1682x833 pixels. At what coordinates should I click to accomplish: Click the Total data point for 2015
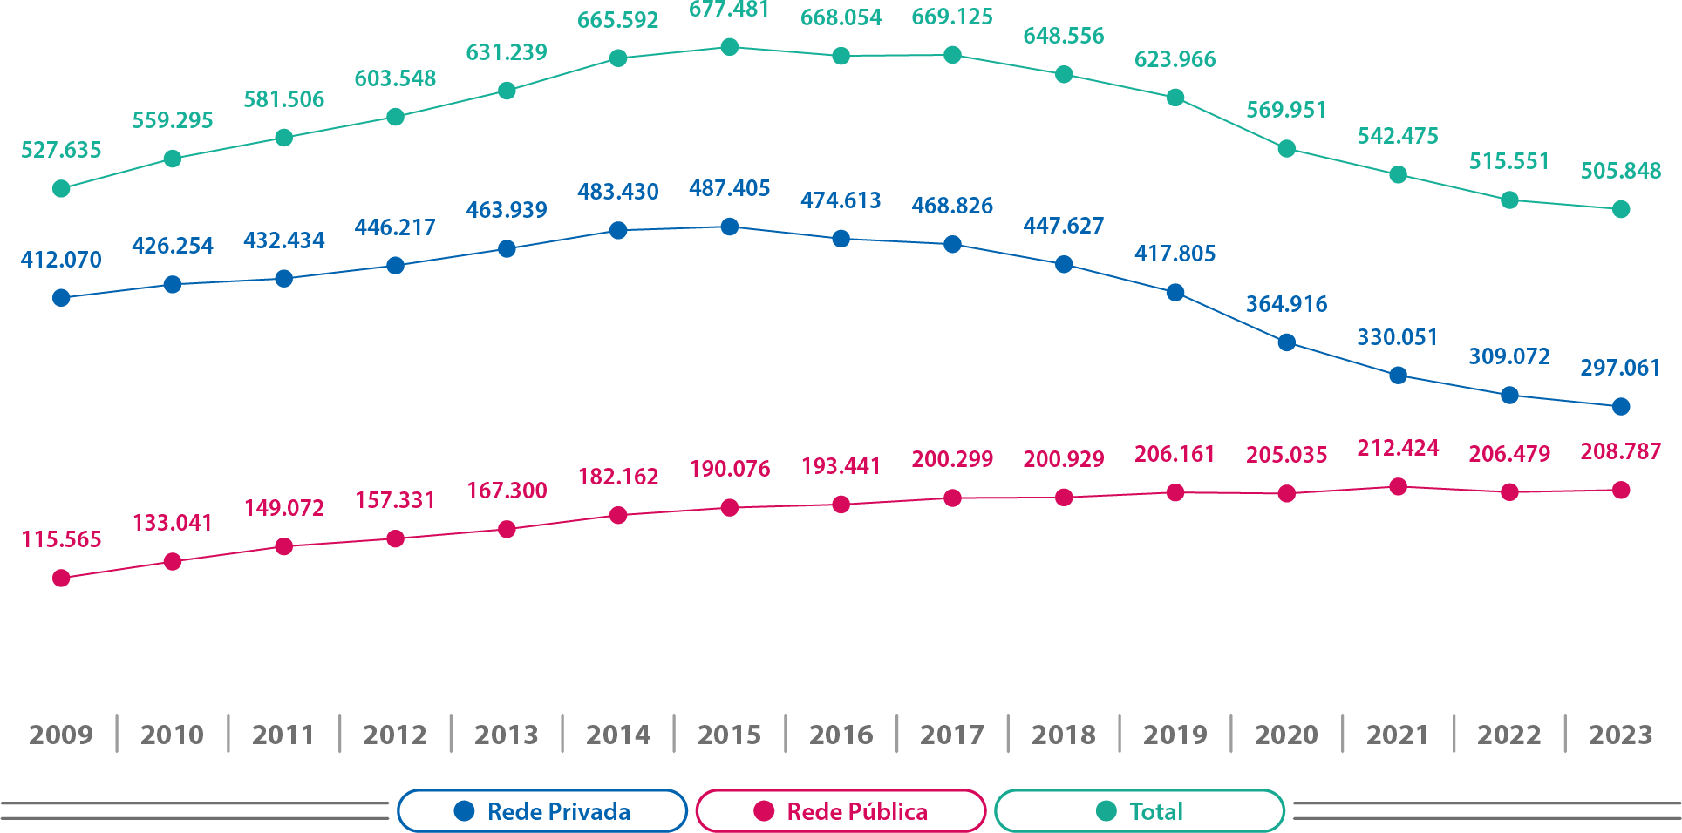pyautogui.click(x=730, y=47)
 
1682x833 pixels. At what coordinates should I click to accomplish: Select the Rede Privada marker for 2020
pyautogui.click(x=1286, y=342)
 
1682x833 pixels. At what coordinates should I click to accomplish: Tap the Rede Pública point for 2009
pyautogui.click(x=61, y=578)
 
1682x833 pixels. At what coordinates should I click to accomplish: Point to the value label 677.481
pyautogui.click(x=730, y=10)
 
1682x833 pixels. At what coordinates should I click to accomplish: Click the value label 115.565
pyautogui.click(x=61, y=539)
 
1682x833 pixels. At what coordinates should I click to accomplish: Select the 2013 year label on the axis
pyautogui.click(x=507, y=735)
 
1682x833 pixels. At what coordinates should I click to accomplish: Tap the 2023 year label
pyautogui.click(x=1620, y=735)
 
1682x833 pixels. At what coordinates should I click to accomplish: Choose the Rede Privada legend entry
pyautogui.click(x=542, y=811)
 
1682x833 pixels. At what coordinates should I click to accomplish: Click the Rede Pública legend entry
pyautogui.click(x=841, y=811)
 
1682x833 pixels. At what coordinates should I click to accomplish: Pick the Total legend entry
pyautogui.click(x=1140, y=811)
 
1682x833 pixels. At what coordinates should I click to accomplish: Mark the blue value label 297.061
pyautogui.click(x=1620, y=368)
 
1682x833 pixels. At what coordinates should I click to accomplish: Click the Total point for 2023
pyautogui.click(x=1621, y=209)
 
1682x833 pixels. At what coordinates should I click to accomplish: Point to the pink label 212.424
pyautogui.click(x=1398, y=448)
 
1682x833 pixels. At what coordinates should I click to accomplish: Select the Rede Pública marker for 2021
pyautogui.click(x=1398, y=487)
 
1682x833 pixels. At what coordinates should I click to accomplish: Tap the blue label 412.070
pyautogui.click(x=61, y=260)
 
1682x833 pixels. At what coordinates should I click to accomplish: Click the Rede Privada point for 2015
pyautogui.click(x=730, y=227)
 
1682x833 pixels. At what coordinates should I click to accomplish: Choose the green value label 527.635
pyautogui.click(x=61, y=150)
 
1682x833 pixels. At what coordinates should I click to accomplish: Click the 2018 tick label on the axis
pyautogui.click(x=1064, y=735)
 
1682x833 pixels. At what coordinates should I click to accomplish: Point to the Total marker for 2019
pyautogui.click(x=1175, y=98)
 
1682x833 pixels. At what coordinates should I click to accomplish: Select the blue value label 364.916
pyautogui.click(x=1286, y=304)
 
